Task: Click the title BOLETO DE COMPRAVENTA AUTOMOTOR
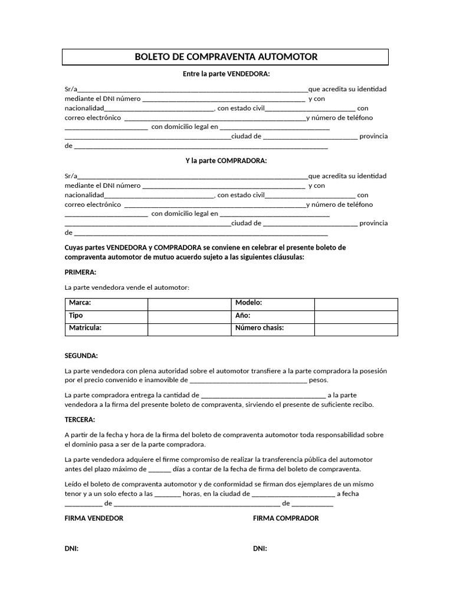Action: (226, 57)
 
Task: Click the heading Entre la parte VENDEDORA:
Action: (226, 74)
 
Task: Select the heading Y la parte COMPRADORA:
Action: (226, 160)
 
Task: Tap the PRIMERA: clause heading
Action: (80, 272)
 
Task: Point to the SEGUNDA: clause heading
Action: (81, 356)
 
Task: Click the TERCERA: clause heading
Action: (80, 419)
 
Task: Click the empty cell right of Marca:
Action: (189, 303)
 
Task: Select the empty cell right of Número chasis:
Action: (356, 329)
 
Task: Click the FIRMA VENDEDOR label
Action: (94, 518)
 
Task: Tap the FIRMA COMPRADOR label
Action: (285, 518)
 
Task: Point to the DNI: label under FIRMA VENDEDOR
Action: (71, 548)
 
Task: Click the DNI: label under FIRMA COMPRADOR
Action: (260, 548)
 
